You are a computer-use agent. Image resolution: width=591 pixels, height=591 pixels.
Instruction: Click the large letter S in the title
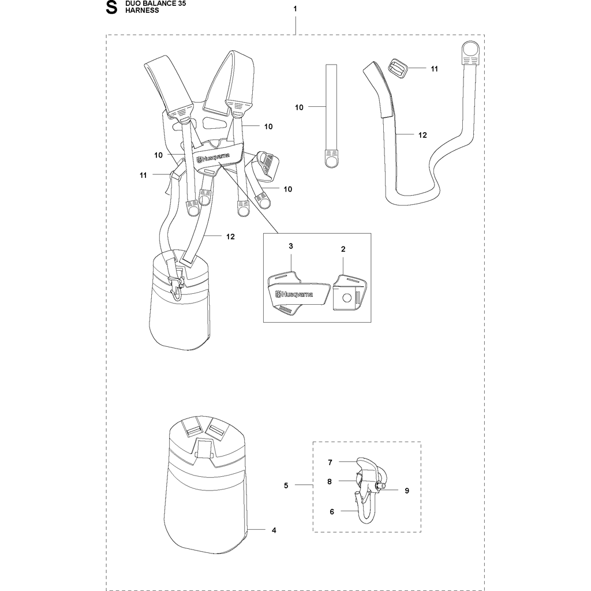[x=111, y=8]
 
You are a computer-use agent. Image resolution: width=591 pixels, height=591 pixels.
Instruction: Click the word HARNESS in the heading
[x=142, y=10]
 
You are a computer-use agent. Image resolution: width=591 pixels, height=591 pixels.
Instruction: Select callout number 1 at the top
[x=295, y=9]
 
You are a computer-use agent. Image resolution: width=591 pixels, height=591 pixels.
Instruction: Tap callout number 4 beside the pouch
[x=274, y=530]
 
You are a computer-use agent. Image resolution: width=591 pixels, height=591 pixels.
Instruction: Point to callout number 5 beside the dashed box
[x=286, y=485]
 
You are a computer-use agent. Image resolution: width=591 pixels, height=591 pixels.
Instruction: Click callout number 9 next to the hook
[x=407, y=491]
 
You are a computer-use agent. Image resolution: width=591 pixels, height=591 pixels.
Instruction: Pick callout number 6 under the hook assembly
[x=332, y=511]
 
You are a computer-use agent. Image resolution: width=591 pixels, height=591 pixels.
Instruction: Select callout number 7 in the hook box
[x=330, y=462]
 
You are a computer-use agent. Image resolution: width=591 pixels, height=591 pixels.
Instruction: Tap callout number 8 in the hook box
[x=330, y=481]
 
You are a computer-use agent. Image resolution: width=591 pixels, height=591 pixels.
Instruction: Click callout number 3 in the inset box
[x=291, y=246]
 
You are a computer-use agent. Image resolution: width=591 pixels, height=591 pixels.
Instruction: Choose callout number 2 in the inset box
[x=343, y=249]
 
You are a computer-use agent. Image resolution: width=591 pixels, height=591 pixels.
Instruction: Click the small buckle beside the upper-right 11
[x=397, y=69]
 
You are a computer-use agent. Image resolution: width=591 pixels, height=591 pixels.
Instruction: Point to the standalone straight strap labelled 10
[x=331, y=115]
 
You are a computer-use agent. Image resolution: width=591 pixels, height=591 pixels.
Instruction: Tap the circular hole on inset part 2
[x=347, y=298]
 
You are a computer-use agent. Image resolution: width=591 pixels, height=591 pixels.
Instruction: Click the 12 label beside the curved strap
[x=422, y=135]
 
